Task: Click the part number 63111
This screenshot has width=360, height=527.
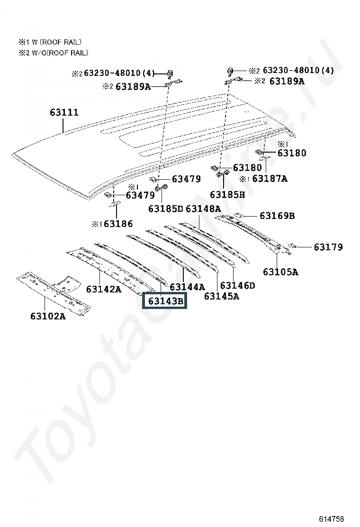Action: pyautogui.click(x=64, y=113)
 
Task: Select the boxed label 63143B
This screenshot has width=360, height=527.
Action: pyautogui.click(x=165, y=301)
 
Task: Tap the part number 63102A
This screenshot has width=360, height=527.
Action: pyautogui.click(x=48, y=316)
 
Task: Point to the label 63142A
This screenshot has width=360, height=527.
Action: pyautogui.click(x=104, y=289)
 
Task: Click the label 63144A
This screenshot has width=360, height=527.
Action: pyautogui.click(x=187, y=287)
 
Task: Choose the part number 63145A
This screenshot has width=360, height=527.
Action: pyautogui.click(x=222, y=296)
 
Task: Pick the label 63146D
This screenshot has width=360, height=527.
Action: pyautogui.click(x=238, y=285)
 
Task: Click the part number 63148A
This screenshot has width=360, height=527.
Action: pyautogui.click(x=203, y=209)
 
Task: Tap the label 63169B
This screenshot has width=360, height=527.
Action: pyautogui.click(x=277, y=216)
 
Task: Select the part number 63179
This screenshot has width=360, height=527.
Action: pyautogui.click(x=328, y=247)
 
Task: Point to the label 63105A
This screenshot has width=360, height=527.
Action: pyautogui.click(x=280, y=272)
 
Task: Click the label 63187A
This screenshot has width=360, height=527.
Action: pyautogui.click(x=270, y=179)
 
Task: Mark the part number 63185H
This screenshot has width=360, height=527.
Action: pyautogui.click(x=227, y=194)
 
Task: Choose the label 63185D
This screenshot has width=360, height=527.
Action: pyautogui.click(x=165, y=209)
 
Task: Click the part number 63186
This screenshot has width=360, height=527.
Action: pyautogui.click(x=118, y=224)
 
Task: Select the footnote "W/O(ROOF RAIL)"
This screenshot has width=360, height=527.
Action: pyautogui.click(x=57, y=53)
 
